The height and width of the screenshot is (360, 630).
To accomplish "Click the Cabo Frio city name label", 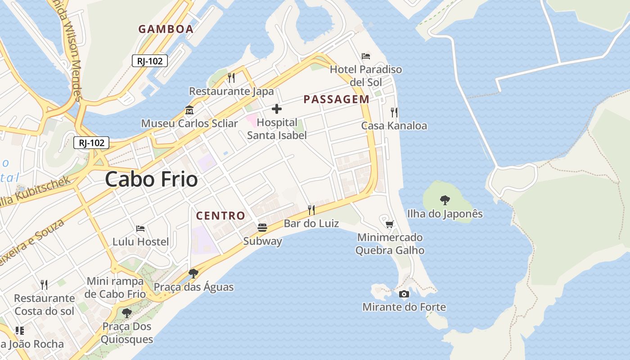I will [151, 180].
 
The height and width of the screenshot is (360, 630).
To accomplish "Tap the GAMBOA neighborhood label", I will [166, 29].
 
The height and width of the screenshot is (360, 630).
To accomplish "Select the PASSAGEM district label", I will [336, 99].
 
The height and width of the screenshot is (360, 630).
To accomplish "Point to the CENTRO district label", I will [220, 216].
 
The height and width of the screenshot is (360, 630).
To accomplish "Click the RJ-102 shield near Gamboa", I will [150, 61].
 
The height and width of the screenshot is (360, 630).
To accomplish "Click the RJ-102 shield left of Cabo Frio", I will [91, 143].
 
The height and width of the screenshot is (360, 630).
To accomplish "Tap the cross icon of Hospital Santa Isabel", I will [277, 109].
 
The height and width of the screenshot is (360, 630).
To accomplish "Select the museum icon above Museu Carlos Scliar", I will [189, 110].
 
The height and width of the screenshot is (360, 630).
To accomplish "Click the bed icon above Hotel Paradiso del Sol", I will [366, 56].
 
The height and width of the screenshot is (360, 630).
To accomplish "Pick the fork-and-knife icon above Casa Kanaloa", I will [394, 112].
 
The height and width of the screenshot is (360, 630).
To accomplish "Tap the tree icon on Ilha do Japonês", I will [445, 200].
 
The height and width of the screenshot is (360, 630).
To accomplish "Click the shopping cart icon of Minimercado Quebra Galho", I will [390, 224].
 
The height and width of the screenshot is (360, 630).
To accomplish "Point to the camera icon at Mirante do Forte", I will [404, 294].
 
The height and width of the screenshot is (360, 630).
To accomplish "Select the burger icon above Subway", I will [262, 228].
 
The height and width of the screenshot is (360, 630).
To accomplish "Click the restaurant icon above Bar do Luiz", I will [311, 210].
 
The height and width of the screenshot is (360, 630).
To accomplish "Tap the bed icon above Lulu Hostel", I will [140, 229].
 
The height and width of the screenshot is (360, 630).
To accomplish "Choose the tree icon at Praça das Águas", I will [193, 273].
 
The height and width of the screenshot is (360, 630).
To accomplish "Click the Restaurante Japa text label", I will [231, 91].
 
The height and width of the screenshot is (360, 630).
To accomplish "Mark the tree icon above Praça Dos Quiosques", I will [127, 313].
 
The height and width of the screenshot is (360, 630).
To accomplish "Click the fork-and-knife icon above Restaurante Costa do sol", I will [44, 284].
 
